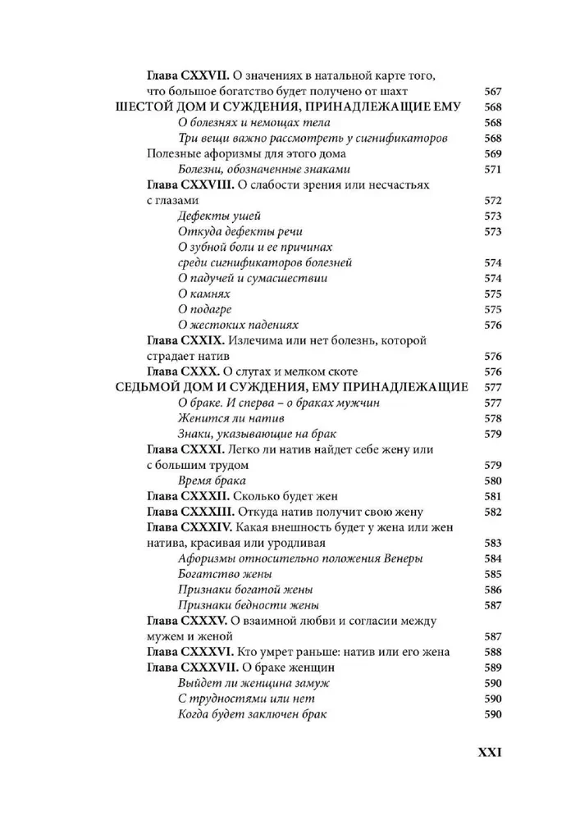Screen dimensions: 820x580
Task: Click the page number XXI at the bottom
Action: [483, 752]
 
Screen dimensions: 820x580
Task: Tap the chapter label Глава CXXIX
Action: [183, 340]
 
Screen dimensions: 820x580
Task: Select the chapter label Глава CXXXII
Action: [185, 496]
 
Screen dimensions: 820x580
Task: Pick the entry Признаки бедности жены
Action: [237, 605]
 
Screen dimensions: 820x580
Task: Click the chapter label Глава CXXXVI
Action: [188, 652]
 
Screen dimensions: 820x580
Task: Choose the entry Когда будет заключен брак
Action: [252, 714]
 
